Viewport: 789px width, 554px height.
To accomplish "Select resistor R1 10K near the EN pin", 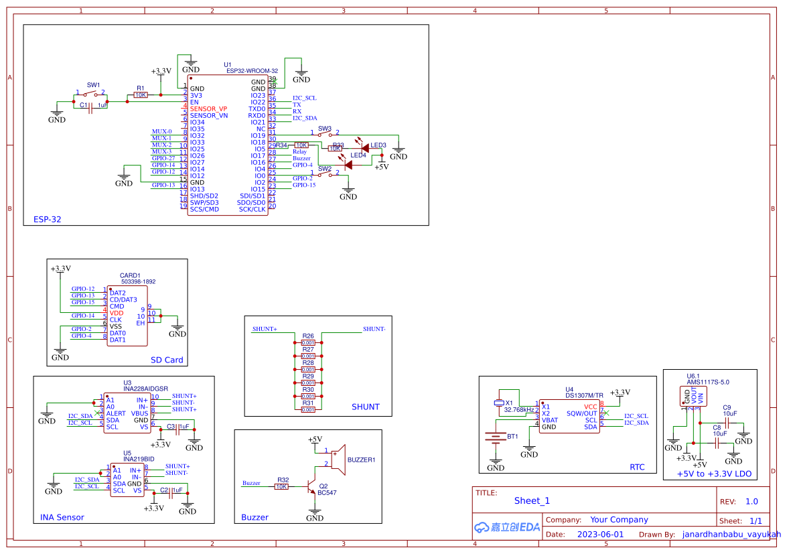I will [141, 95].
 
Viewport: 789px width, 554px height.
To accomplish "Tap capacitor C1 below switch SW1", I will [93, 106].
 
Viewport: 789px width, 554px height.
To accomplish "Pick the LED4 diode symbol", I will [348, 164].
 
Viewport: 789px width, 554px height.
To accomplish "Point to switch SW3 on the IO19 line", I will [324, 134].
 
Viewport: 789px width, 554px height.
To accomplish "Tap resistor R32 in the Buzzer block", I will [281, 487].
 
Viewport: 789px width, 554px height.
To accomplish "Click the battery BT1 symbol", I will [496, 439].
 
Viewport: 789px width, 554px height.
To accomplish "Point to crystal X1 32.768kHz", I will [499, 403].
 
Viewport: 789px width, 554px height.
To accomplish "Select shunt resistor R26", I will [308, 342].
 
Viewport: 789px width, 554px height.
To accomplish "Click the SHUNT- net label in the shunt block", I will [374, 329].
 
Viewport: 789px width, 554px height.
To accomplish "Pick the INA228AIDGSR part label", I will [146, 389].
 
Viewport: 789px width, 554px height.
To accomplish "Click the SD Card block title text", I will [167, 360].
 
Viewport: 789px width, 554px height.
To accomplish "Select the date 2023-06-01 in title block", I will [600, 535].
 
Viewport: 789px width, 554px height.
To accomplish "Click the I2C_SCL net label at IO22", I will [304, 98].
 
